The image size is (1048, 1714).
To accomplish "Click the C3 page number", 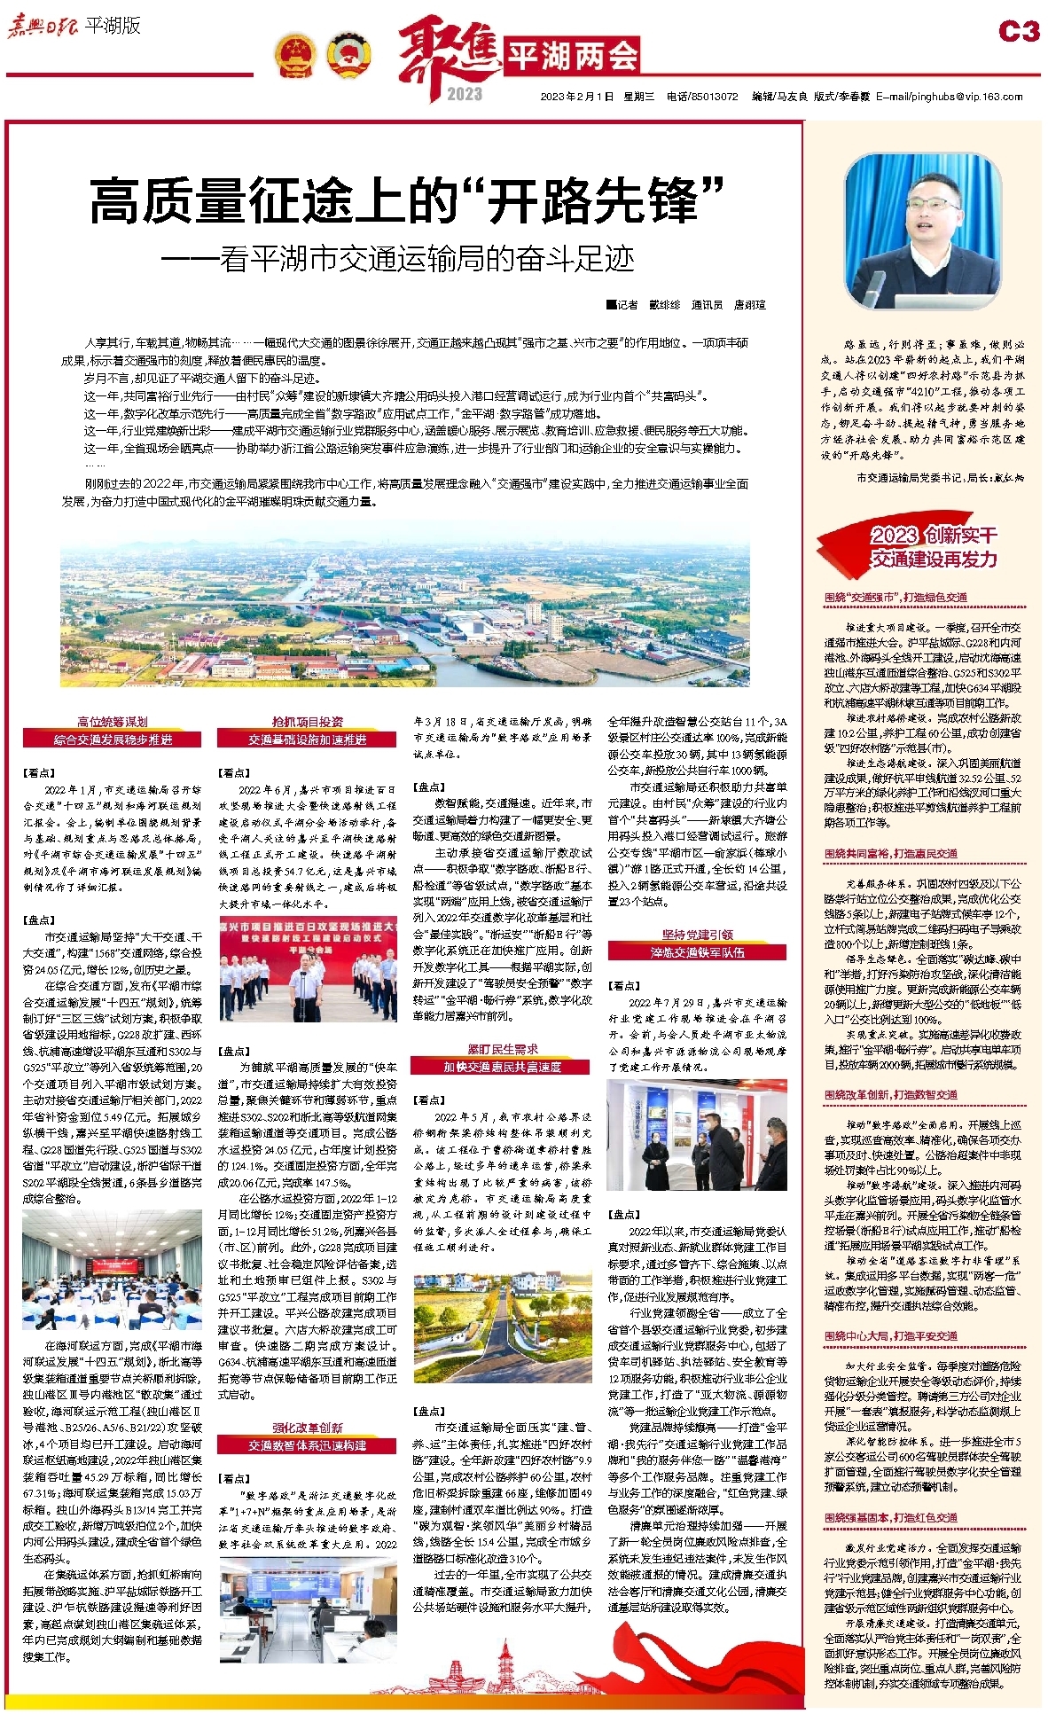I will point(1018,32).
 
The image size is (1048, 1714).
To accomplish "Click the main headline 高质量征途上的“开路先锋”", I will point(407,201).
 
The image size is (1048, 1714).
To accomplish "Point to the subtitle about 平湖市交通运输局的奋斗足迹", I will point(398,259).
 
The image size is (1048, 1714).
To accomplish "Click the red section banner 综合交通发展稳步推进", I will point(113,740).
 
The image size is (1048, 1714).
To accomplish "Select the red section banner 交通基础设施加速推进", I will point(307,740).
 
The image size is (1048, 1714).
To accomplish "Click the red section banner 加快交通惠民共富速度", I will point(502,1067).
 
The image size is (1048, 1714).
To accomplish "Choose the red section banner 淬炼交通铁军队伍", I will point(697,952).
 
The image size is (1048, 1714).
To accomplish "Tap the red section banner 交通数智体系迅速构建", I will point(307,1445).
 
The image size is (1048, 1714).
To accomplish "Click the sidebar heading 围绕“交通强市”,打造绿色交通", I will point(895,598).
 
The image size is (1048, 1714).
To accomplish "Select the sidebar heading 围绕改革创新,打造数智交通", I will point(890,1094).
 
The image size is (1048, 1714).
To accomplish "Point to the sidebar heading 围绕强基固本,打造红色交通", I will point(890,1517).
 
